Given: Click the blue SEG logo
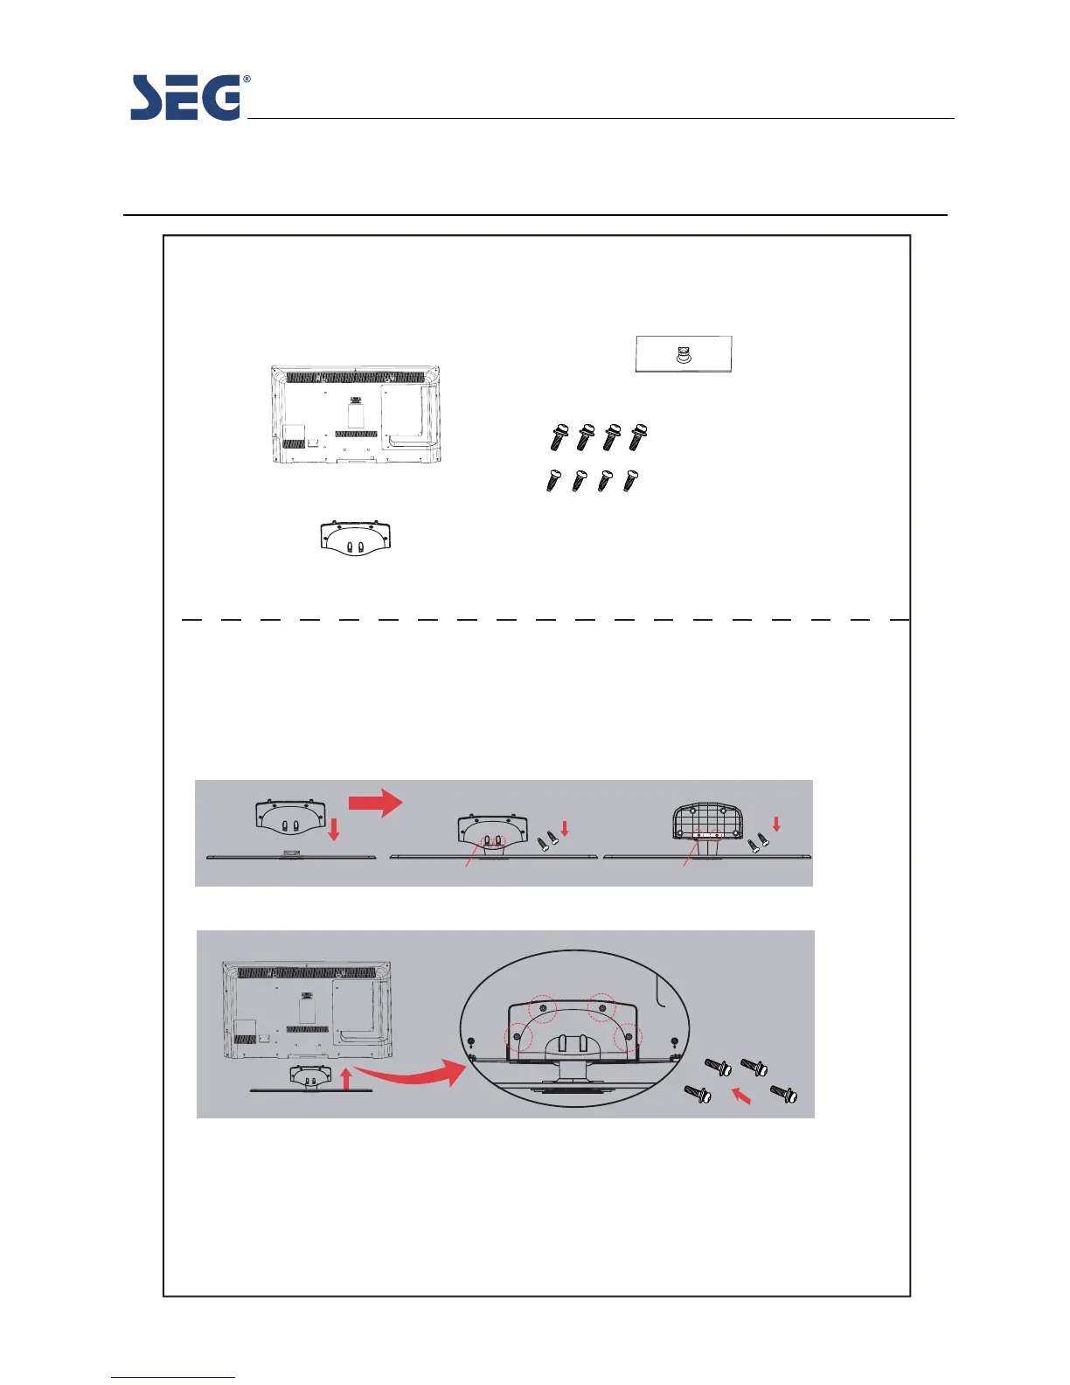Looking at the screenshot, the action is (185, 98).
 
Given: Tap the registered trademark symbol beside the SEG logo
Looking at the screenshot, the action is (247, 80).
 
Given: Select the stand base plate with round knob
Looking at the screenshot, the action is (684, 354).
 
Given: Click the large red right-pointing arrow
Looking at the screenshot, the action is (376, 803).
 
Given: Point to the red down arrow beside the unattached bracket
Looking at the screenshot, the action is (333, 829).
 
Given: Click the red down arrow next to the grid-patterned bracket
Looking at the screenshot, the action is (775, 823).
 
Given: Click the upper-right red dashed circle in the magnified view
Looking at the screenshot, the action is (601, 1006).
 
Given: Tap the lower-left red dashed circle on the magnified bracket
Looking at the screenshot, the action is (518, 1037).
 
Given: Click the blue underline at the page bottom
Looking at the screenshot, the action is (173, 1378).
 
